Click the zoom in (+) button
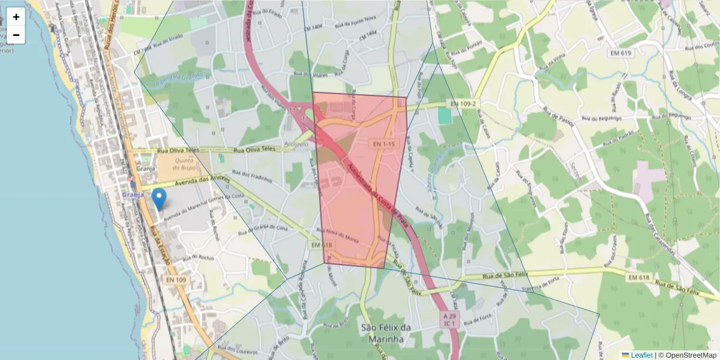point(16,17)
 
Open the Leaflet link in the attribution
point(641,355)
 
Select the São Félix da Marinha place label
point(386,334)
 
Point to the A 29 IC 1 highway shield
point(449,319)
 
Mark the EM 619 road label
point(622,53)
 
